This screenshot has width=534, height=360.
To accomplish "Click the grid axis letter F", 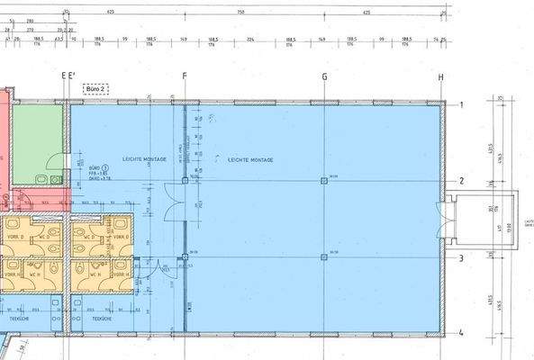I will pos(185,77).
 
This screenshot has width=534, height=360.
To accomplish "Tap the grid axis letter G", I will pos(324,77).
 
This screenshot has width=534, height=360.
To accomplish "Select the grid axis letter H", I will pos(441,77).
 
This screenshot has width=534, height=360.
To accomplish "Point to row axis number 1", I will pos(460,105).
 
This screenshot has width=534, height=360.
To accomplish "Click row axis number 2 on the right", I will pos(460,181).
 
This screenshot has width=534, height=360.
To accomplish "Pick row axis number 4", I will pos(460,333).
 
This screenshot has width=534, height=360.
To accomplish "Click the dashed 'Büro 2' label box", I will pos(94,88).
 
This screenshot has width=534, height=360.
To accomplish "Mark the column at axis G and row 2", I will pos(324,181).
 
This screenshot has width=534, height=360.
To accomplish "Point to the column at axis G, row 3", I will pos(324,257).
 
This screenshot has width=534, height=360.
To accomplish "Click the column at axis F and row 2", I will pos(186,181).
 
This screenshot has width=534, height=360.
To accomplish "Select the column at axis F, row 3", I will pos(186,257).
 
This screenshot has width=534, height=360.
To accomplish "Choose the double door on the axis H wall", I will pos(440,219).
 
